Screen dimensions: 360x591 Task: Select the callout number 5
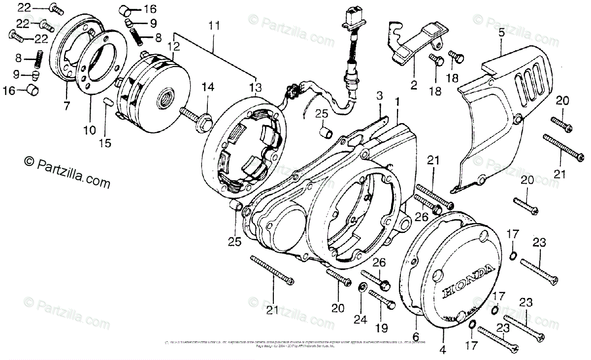[x=501, y=33]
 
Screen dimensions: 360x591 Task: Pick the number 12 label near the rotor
[x=174, y=47]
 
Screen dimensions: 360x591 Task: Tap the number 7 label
[x=67, y=104]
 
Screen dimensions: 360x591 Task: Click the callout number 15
[x=105, y=143]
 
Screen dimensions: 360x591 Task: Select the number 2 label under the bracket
[x=413, y=84]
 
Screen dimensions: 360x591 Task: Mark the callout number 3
[x=380, y=94]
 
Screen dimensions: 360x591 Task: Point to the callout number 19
[x=382, y=327]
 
